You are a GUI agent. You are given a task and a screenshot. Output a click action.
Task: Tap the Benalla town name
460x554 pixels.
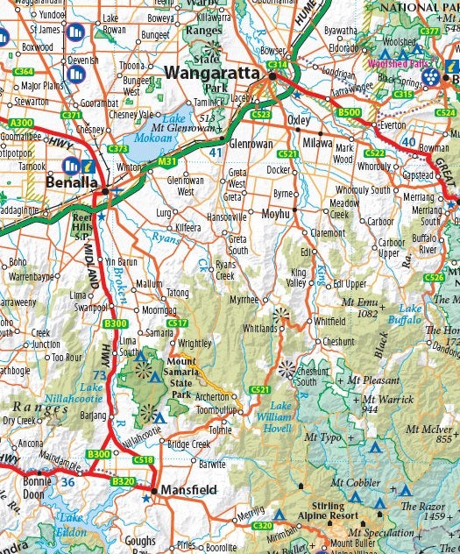(73, 183)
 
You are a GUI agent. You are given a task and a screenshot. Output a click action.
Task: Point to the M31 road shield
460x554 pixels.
(166, 162)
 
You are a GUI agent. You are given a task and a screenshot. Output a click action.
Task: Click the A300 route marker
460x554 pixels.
(21, 123)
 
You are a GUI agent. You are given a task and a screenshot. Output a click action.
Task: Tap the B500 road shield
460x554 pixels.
(349, 113)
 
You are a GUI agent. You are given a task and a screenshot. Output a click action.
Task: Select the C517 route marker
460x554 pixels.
(177, 323)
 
